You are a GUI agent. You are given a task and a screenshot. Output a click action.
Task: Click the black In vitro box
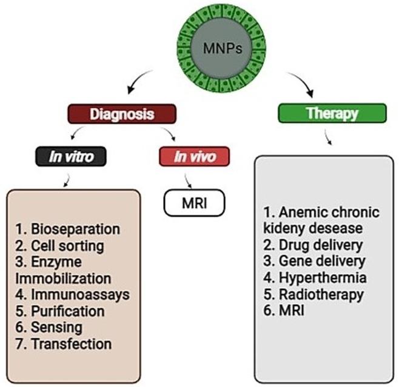click(72, 157)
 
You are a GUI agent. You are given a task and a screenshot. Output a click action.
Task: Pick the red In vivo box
click(195, 157)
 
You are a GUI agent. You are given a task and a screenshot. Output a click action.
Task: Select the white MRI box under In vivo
click(194, 201)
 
